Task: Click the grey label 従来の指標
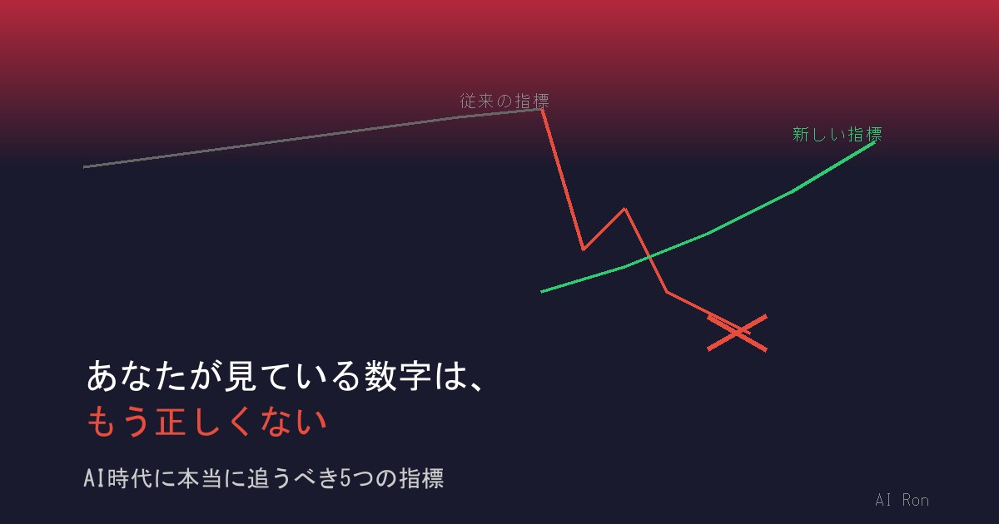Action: (x=504, y=101)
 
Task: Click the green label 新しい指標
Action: (x=837, y=134)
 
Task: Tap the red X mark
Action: (x=737, y=333)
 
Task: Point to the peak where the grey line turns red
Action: (x=542, y=110)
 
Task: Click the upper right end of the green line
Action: (x=874, y=143)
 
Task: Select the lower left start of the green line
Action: (x=542, y=291)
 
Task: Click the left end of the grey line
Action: (x=84, y=167)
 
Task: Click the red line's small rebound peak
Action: (x=624, y=208)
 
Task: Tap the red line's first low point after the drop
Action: (x=583, y=249)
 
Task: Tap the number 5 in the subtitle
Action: (x=345, y=479)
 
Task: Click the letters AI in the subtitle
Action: (x=92, y=479)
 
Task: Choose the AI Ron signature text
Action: (x=902, y=500)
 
